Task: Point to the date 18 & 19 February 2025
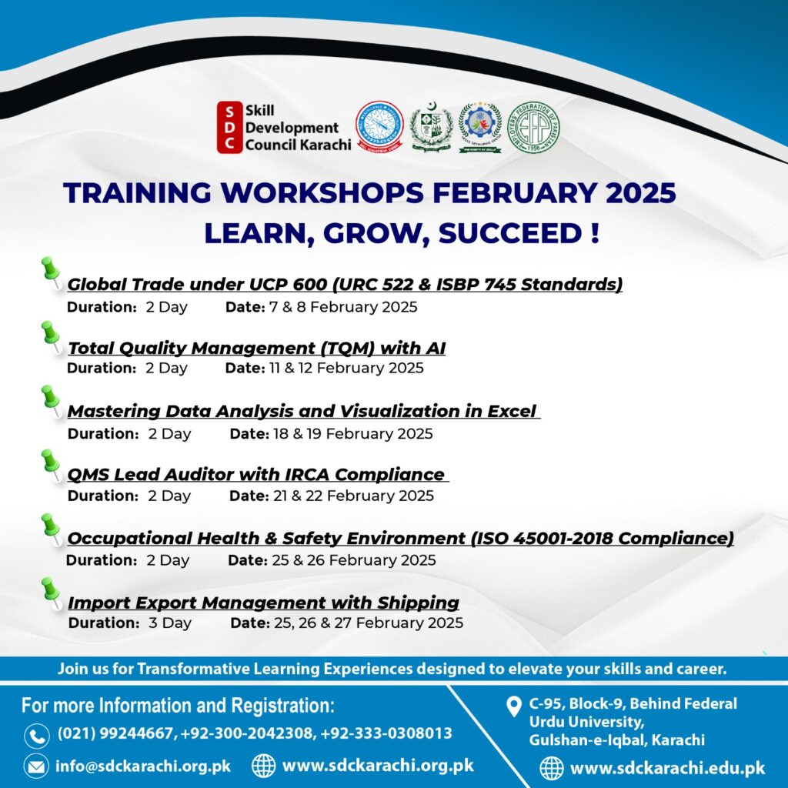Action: tap(352, 434)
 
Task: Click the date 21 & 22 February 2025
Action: tap(353, 496)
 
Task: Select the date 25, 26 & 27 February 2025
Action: tap(368, 623)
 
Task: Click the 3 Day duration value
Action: tap(169, 623)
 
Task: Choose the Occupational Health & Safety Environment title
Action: tap(400, 539)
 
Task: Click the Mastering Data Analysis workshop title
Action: tap(302, 412)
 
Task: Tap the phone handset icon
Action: tap(36, 735)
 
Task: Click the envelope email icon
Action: tap(36, 766)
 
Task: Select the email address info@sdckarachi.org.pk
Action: tap(143, 766)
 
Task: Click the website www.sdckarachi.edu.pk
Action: tap(667, 767)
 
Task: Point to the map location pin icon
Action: tap(514, 706)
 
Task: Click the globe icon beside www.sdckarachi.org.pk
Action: tap(264, 766)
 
